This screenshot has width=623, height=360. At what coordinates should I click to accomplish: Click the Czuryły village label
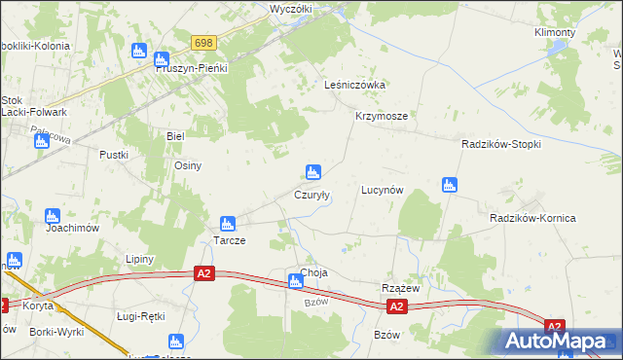(x=311, y=195)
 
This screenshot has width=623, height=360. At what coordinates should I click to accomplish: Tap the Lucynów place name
(x=382, y=190)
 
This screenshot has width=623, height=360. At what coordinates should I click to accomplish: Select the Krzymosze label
(x=381, y=115)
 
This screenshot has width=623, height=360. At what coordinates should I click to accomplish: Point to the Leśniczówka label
(x=354, y=85)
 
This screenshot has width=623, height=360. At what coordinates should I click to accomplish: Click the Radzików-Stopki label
(x=500, y=144)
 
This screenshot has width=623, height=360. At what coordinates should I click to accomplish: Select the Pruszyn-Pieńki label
(x=192, y=69)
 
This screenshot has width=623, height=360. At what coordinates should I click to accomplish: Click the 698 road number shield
(x=203, y=43)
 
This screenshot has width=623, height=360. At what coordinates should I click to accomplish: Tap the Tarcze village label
(x=229, y=239)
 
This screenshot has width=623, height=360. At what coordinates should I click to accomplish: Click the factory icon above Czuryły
(x=312, y=172)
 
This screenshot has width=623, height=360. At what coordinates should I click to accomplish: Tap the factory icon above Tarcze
(x=227, y=223)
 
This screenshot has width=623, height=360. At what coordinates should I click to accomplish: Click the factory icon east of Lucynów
(x=449, y=184)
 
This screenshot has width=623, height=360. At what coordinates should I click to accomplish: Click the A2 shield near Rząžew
(x=396, y=306)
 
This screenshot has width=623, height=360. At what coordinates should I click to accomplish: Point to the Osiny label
(x=187, y=165)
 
